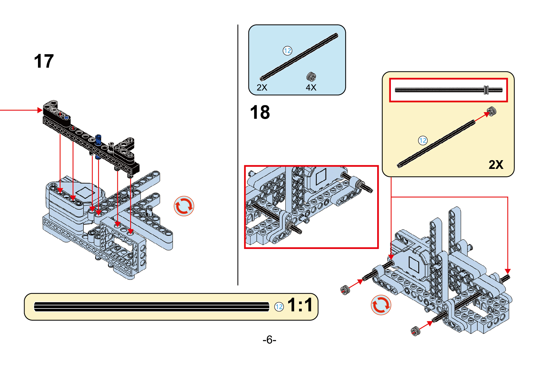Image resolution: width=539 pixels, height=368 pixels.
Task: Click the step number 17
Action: (44, 61)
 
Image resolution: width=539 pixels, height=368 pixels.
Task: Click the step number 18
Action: (260, 112)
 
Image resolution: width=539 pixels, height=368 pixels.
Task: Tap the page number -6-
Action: (269, 339)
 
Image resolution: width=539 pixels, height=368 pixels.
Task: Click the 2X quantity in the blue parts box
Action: (262, 88)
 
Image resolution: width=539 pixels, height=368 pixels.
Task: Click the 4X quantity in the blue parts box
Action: (311, 88)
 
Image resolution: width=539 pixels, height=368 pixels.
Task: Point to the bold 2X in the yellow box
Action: (496, 165)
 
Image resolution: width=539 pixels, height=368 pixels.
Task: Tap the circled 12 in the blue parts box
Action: (287, 51)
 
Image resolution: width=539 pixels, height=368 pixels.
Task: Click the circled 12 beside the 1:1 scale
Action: (279, 307)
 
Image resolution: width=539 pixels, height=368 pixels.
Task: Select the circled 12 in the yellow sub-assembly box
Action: (423, 141)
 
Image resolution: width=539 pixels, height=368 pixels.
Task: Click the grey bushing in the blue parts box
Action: (311, 76)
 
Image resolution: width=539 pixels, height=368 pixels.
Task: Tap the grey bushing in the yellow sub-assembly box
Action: (491, 111)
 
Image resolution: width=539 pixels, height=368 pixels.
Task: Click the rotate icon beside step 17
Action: (184, 206)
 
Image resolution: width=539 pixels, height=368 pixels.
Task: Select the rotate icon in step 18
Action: (381, 305)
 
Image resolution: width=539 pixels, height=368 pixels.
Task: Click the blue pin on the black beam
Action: (98, 140)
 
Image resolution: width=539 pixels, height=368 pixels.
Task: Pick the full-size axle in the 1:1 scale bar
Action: (152, 307)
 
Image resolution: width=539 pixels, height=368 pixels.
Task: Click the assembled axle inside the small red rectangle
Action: (448, 90)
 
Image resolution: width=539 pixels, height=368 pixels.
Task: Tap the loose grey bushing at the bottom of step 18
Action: (415, 331)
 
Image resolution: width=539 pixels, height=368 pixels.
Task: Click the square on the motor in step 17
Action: (85, 193)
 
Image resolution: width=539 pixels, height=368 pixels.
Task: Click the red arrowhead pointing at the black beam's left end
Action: (40, 110)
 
